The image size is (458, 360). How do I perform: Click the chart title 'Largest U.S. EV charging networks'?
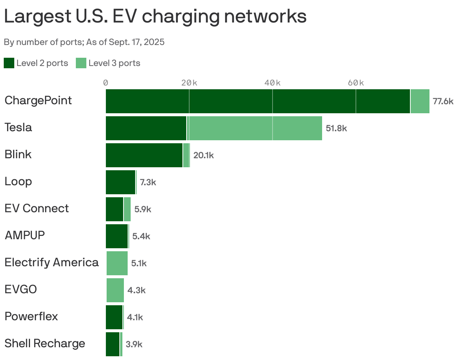coord(155,16)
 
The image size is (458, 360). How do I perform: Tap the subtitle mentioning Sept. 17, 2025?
coord(84,42)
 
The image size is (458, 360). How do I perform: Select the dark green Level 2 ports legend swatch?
coord(9,63)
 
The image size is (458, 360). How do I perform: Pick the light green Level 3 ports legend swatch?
coord(81,63)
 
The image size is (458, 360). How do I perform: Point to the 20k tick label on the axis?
coord(189,83)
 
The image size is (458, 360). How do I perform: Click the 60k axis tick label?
coord(356,83)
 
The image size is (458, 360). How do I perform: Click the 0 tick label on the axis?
coord(106,83)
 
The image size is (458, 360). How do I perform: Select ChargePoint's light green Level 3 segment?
coord(420,101)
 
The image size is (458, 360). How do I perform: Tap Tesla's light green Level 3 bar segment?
coord(254,128)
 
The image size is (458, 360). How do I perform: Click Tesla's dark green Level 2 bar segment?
coord(146,128)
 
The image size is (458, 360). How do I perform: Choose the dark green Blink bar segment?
coord(144,155)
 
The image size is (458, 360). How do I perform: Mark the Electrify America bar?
coord(117,263)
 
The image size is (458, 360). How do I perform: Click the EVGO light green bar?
coord(115,290)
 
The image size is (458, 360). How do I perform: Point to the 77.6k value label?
coord(443,101)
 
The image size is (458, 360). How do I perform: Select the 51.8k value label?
coord(336,128)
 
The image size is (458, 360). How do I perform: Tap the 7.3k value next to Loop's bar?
coord(148,183)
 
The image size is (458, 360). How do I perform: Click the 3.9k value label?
coord(134,344)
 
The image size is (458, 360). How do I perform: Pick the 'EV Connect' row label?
coord(37,208)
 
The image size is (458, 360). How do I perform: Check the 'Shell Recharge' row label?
coord(45,343)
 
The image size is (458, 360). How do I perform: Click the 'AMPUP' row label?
coord(25,235)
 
